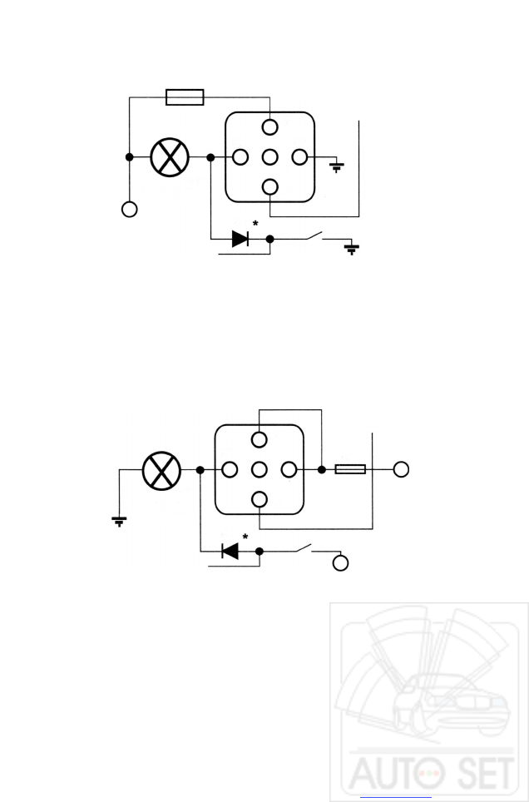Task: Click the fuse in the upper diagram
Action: click(185, 98)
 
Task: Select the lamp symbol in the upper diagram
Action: click(170, 156)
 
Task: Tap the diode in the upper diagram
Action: click(240, 239)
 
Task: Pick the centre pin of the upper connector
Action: click(270, 156)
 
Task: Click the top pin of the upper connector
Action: click(270, 127)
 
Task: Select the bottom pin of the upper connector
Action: click(270, 186)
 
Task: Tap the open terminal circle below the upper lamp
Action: click(129, 210)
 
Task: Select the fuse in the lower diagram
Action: click(349, 470)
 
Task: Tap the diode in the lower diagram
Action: click(230, 551)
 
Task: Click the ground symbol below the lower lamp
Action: click(120, 522)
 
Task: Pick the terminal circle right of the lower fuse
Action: click(401, 470)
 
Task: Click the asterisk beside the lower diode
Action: click(245, 537)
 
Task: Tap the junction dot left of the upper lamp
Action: click(129, 156)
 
